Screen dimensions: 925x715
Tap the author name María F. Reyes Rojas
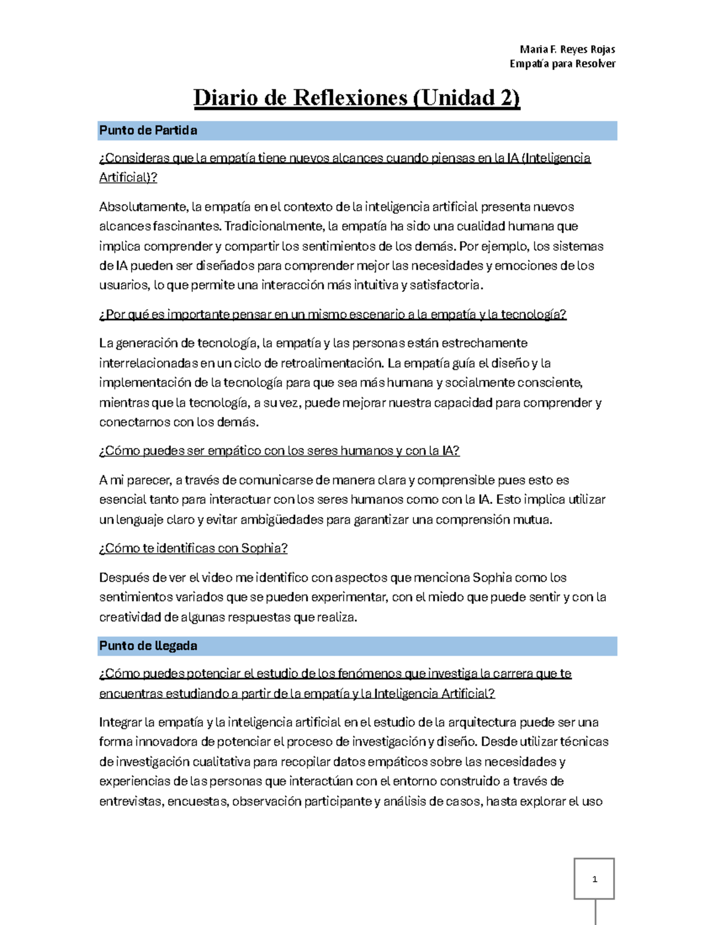click(567, 49)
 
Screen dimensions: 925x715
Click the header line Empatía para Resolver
click(562, 64)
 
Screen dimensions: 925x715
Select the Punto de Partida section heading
click(148, 130)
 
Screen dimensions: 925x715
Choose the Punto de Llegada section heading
click(148, 646)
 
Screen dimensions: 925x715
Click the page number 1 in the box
click(594, 879)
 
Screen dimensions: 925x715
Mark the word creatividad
click(130, 617)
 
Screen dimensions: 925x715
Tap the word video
click(217, 578)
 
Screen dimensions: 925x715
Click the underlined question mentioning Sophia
click(193, 549)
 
